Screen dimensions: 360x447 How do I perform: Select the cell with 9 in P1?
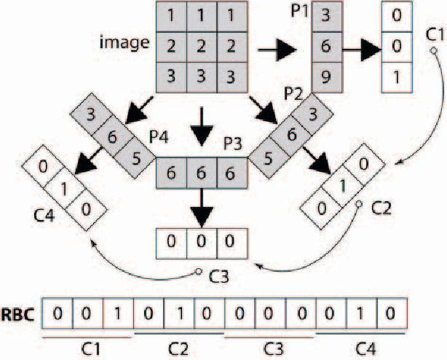tap(327, 75)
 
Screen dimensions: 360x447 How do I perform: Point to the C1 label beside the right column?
tap(435, 34)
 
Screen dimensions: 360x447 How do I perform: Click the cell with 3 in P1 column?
tap(327, 14)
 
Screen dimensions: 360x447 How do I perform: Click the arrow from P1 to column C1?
tap(363, 51)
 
